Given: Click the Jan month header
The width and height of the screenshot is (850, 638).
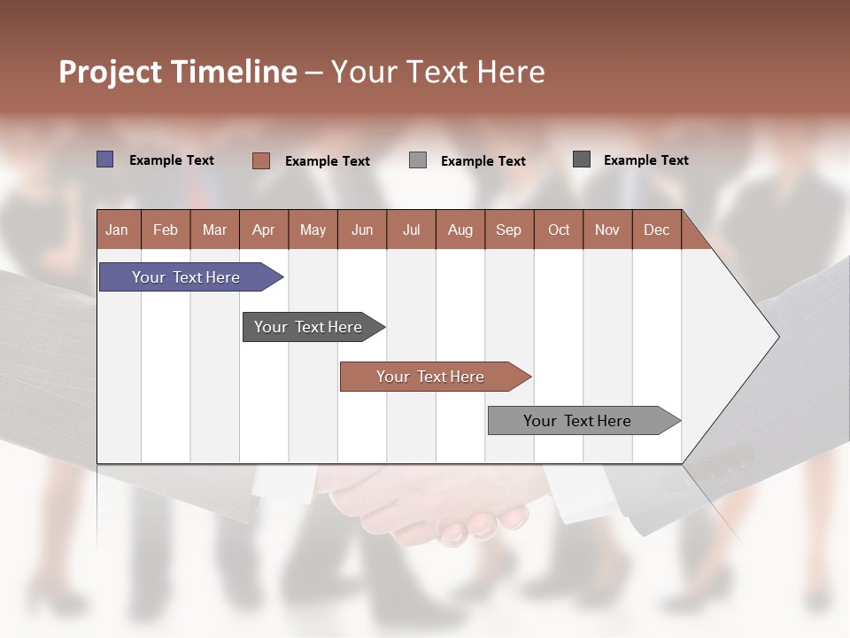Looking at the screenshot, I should pos(117,230).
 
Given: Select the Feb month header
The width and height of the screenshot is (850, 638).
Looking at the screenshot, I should pos(166,230).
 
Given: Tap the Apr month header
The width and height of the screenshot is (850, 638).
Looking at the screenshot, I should pos(263,230).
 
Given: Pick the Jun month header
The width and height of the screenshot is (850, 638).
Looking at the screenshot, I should pos(362,230).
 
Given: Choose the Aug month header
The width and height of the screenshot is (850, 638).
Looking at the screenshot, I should pos(460,230).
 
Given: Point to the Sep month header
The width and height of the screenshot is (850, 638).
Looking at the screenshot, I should pos(508,230).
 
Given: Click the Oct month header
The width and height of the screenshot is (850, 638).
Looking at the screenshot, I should pos(559,230).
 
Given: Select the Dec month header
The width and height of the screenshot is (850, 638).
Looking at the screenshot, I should pos(656,230).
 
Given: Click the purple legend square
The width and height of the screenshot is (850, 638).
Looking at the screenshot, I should pos(104,159).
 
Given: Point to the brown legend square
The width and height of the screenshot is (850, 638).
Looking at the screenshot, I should pos(260,160).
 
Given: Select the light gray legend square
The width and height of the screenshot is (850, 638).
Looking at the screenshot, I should pos(418,160).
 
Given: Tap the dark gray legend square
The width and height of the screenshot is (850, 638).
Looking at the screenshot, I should pos(582,159).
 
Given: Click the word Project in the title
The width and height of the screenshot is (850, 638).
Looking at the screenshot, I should pos(110,72).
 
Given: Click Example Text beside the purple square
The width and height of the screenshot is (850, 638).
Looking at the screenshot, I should pos(172,160).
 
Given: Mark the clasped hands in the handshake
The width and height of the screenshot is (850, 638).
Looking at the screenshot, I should pos(434,505).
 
